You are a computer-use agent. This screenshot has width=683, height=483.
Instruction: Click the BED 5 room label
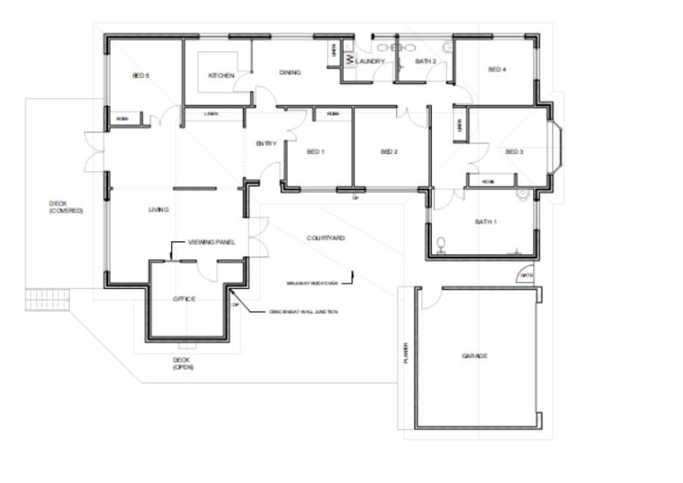click(141, 76)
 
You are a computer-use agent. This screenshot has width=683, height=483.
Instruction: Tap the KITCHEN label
click(222, 76)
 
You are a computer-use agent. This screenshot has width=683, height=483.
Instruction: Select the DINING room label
click(290, 72)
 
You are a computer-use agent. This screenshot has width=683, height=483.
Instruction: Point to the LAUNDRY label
click(370, 61)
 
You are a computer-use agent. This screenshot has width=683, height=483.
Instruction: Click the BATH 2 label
click(425, 61)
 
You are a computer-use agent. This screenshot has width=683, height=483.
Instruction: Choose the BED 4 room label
click(496, 70)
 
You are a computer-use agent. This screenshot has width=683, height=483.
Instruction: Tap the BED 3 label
click(515, 151)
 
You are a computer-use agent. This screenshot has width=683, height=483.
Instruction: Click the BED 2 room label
click(389, 152)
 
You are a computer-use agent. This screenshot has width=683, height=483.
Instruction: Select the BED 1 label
click(316, 152)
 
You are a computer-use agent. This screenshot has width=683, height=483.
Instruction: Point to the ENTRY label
click(265, 143)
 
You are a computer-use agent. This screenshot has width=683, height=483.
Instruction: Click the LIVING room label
click(158, 210)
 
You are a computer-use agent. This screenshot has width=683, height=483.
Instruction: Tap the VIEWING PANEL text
click(212, 242)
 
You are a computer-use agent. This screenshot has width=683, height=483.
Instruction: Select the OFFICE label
click(184, 299)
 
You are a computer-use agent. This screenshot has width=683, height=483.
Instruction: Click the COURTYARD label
click(325, 238)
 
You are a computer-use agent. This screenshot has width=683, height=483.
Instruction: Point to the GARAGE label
click(475, 355)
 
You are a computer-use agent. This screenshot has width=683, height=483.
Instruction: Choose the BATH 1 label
click(486, 222)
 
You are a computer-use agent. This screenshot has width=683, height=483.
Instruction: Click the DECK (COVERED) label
click(66, 207)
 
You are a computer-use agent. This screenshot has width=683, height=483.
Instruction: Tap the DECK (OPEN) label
click(182, 363)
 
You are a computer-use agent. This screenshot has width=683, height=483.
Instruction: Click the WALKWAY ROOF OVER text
click(311, 283)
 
